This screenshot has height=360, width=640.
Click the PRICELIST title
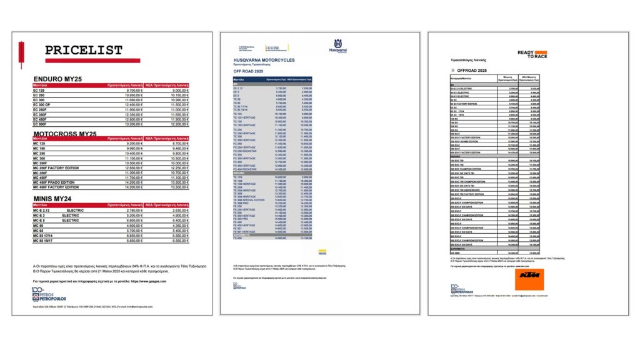coord(84,51)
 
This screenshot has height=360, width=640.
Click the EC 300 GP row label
coord(44,104)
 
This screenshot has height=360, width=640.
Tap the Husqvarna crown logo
coord(337,46)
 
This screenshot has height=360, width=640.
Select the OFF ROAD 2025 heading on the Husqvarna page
coord(249,72)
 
